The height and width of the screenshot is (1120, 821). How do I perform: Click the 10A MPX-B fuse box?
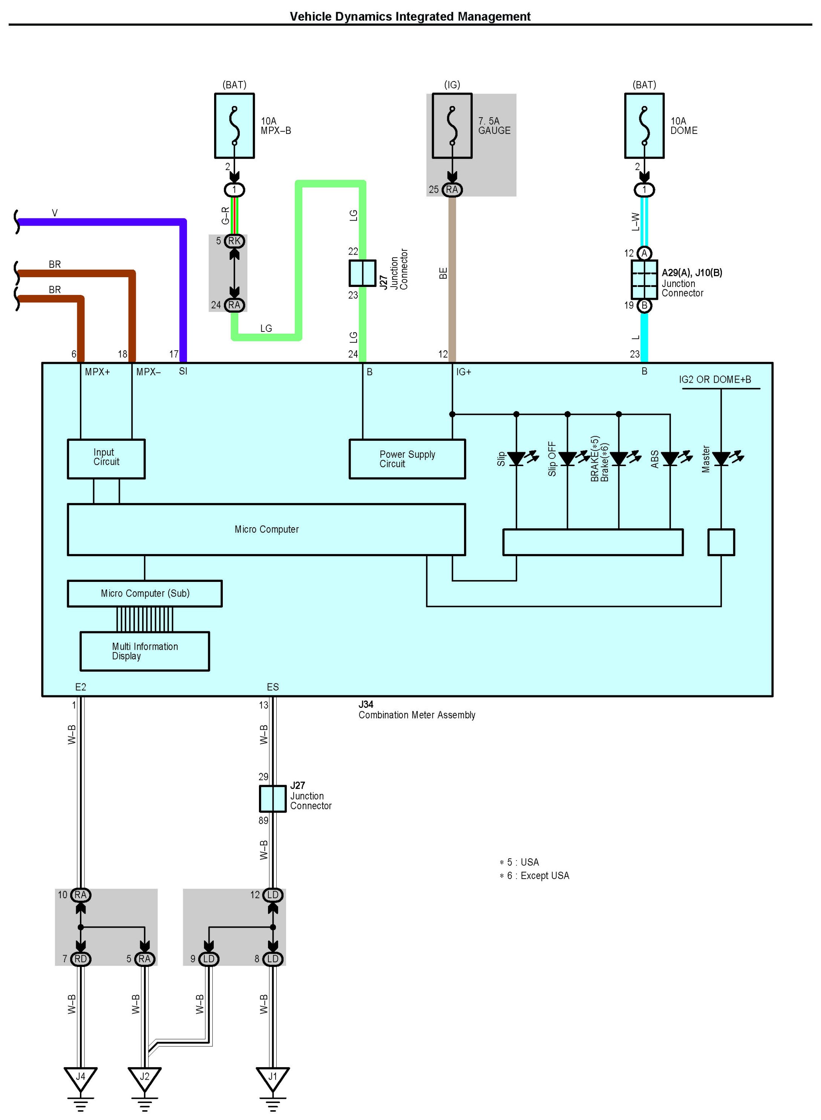234,126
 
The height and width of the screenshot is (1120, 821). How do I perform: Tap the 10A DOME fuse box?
644,126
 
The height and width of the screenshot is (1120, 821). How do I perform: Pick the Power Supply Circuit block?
407,459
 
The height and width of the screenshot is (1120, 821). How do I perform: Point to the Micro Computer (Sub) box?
145,593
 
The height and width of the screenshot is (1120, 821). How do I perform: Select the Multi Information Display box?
145,651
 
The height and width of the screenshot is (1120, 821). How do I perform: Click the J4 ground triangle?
81,1078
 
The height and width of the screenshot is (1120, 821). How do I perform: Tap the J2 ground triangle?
145,1078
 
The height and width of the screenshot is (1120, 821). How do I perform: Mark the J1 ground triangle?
272,1078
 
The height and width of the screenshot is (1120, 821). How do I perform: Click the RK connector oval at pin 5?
234,241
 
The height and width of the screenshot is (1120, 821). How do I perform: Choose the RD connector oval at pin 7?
81,959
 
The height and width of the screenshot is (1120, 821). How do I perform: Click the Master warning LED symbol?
721,458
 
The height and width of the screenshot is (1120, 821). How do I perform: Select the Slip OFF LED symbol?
568,458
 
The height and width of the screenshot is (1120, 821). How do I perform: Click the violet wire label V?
55,213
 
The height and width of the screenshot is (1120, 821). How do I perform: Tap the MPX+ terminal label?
97,372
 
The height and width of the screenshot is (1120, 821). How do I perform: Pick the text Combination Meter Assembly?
417,715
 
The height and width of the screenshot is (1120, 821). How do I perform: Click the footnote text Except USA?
545,875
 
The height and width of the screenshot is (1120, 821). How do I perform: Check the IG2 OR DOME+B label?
715,379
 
